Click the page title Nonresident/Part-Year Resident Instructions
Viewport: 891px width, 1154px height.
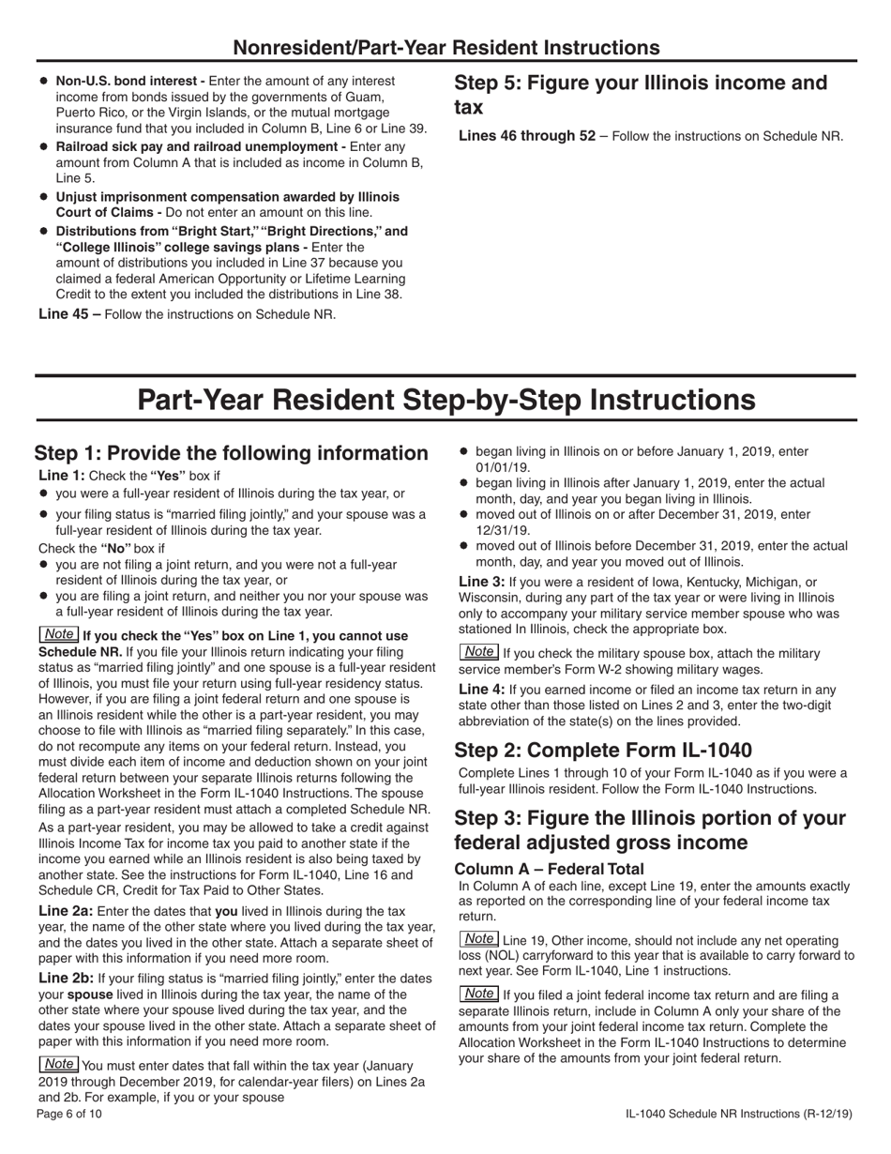445,48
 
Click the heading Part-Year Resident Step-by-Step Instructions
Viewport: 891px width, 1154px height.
445,400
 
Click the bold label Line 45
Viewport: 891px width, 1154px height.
69,313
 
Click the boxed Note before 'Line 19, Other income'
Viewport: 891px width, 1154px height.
479,939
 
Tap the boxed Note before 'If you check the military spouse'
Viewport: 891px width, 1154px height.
479,652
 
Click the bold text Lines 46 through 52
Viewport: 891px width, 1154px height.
526,136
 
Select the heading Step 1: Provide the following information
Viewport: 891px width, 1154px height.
231,453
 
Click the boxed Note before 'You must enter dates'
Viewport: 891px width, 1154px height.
59,1064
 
